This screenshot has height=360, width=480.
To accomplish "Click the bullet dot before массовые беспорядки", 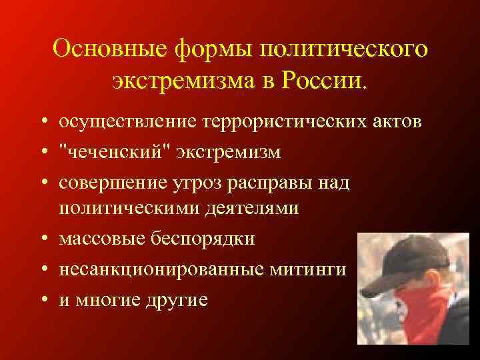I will pyautogui.click(x=42, y=239).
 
